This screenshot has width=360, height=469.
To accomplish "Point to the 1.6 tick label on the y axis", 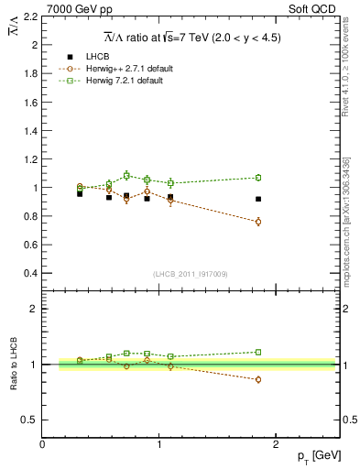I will pyautogui.click(x=27, y=102).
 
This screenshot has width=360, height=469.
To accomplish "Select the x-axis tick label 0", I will pyautogui.click(x=42, y=444).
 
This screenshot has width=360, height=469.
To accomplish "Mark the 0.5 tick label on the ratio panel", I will pyautogui.click(x=27, y=420).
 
